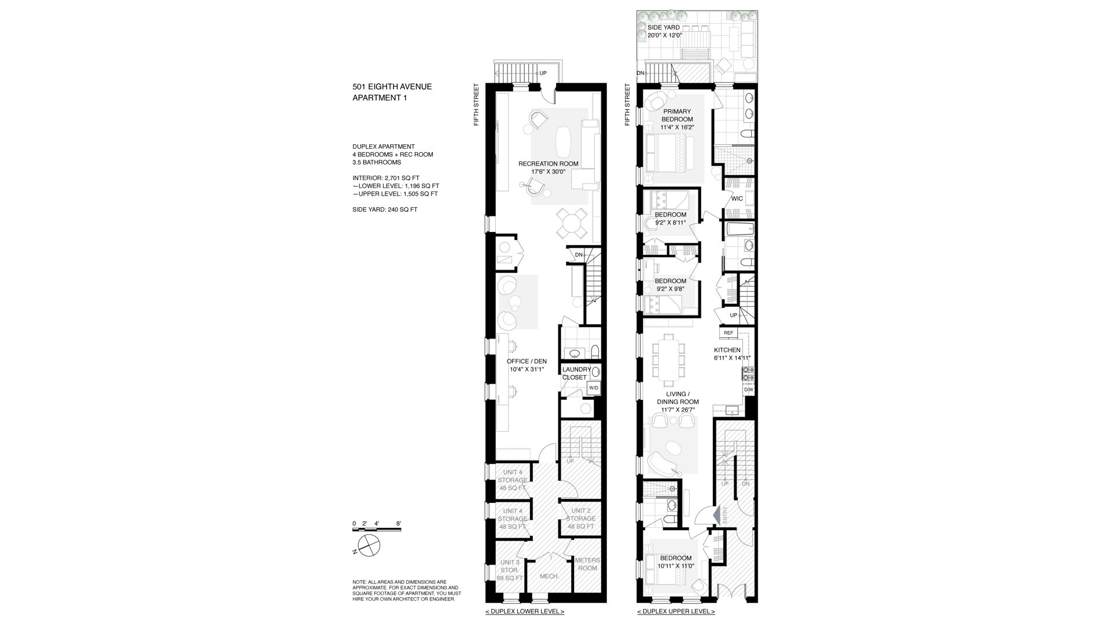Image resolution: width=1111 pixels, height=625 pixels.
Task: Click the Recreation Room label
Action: [x=548, y=168]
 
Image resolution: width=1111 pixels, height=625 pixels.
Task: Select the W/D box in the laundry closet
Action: [x=594, y=388]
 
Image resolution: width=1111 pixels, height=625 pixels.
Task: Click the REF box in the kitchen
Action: [x=728, y=333]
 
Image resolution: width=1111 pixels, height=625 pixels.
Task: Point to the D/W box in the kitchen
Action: [x=749, y=389]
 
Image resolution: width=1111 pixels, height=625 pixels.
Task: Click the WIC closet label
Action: [x=737, y=198]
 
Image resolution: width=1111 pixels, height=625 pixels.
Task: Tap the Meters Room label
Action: [x=587, y=564]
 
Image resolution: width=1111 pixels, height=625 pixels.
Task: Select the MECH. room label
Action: [x=549, y=576]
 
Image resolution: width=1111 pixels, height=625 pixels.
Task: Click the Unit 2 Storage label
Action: [x=581, y=519]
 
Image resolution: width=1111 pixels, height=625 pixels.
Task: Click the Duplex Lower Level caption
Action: [x=524, y=612]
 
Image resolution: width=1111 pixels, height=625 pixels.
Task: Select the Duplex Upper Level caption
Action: [x=676, y=612]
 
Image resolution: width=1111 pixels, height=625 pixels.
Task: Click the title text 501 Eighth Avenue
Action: [x=392, y=87]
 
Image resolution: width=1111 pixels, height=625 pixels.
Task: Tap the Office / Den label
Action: [x=527, y=365]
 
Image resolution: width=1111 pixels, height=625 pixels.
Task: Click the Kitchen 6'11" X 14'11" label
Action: [x=732, y=354]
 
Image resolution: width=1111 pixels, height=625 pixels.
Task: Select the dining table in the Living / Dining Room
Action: [x=668, y=359]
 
